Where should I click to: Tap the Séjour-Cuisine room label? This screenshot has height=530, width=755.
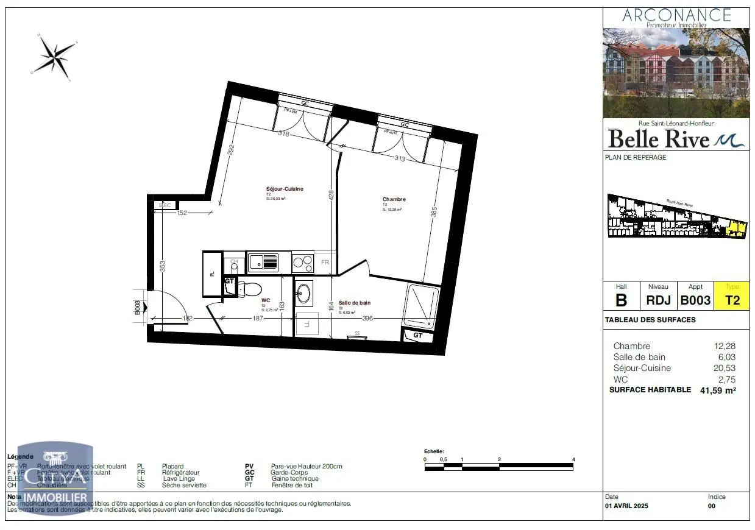tap(284, 189)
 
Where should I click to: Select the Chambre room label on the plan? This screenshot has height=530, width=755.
tap(394, 199)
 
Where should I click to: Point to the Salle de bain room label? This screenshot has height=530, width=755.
tap(354, 303)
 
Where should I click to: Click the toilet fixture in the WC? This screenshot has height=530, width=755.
tap(249, 288)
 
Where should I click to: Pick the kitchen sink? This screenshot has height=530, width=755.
tap(263, 263)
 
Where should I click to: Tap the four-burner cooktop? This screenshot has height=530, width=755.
tap(302, 263)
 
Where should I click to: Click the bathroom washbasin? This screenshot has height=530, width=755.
tap(303, 294)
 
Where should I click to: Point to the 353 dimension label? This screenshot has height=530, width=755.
tap(162, 267)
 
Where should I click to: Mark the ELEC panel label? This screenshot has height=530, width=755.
tap(165, 206)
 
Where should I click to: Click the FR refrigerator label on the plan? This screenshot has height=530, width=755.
tap(325, 263)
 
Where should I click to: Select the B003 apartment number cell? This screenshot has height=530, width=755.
tap(695, 300)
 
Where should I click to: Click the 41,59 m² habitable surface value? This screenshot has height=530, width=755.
tap(717, 390)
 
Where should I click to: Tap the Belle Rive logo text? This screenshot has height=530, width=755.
tap(659, 139)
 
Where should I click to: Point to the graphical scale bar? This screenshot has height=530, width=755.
tap(498, 467)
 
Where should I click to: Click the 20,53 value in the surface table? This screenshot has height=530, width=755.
tap(725, 368)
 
